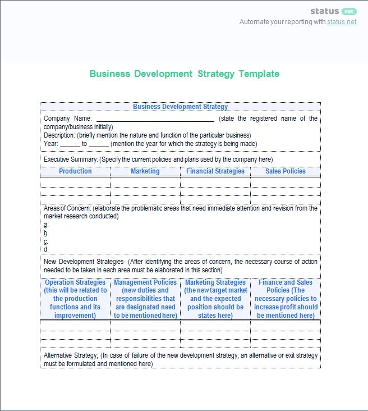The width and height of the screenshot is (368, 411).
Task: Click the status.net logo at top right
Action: [x=333, y=11]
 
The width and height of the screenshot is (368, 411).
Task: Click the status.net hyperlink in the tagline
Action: [x=342, y=22]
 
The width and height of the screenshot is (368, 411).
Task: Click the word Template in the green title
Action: [x=259, y=74]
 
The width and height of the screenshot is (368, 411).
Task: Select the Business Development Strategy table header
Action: [x=180, y=107]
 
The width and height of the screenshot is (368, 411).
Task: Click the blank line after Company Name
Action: [x=155, y=118]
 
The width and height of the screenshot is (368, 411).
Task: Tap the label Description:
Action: [x=59, y=135]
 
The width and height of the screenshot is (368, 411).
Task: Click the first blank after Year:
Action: [x=70, y=144]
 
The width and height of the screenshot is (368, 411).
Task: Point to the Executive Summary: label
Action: [x=71, y=159]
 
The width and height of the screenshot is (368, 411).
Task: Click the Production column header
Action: [x=75, y=171]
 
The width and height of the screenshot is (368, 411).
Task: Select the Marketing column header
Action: [x=145, y=171]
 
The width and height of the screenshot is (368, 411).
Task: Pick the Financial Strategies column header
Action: [x=215, y=171]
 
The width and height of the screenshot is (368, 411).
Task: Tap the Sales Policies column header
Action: [x=286, y=171]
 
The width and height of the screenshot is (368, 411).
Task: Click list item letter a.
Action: [x=46, y=225]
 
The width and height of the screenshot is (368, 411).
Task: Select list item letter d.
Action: [x=46, y=249]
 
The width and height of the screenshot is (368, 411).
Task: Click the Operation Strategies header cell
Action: [x=75, y=299]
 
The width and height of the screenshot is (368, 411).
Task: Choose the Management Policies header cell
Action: [x=145, y=299]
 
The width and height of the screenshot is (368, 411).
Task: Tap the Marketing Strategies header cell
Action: [x=215, y=299]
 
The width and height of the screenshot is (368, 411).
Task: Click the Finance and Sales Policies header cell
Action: [x=286, y=299]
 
